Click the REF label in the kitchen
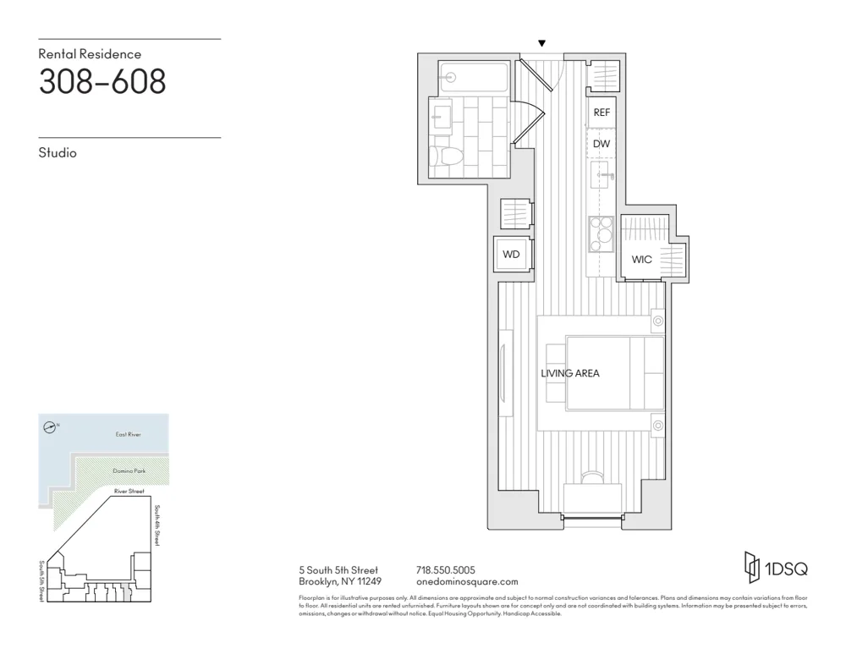(x=602, y=113)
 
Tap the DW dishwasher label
(x=602, y=144)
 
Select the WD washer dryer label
(x=511, y=254)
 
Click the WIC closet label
(x=642, y=259)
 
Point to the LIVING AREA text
(x=570, y=372)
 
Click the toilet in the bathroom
(x=443, y=156)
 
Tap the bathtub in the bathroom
(x=473, y=77)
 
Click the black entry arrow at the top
(x=542, y=44)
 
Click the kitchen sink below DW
(x=602, y=175)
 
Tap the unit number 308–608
(x=102, y=82)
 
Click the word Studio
(x=58, y=153)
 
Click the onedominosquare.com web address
(x=467, y=582)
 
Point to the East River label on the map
(x=129, y=434)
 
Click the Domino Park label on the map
(x=129, y=470)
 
